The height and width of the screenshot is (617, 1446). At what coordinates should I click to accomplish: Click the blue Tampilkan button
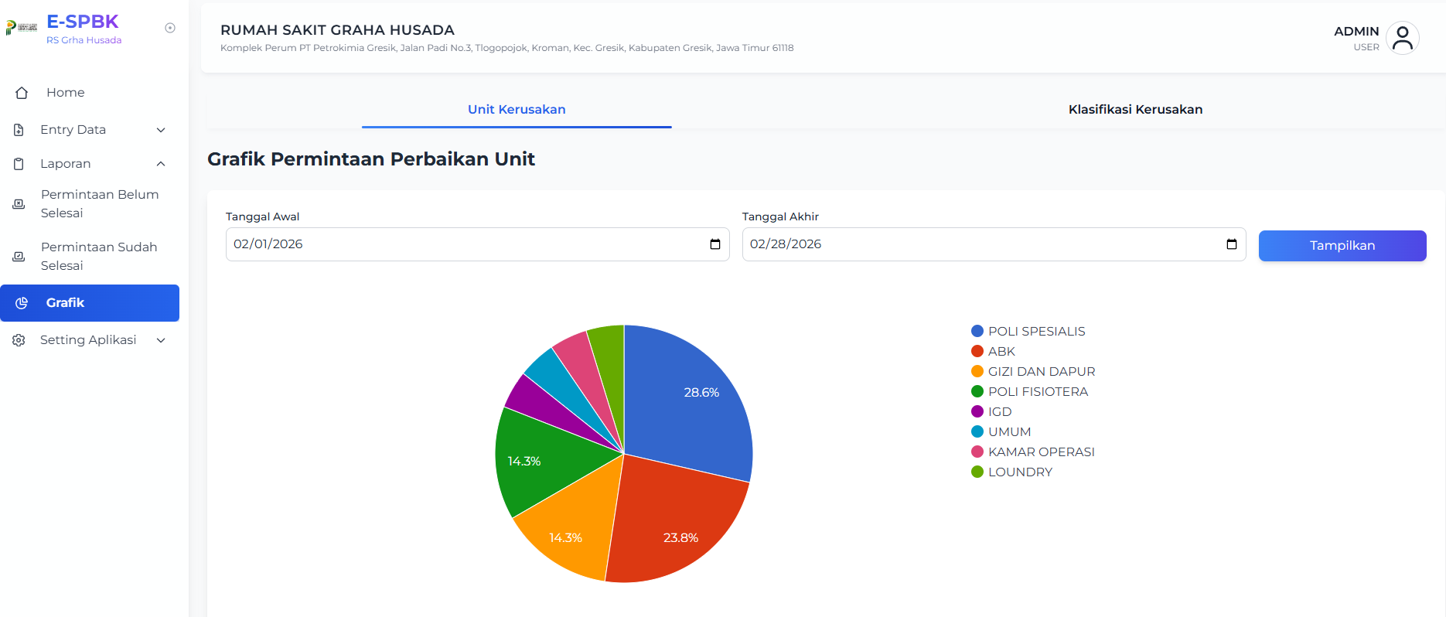point(1342,246)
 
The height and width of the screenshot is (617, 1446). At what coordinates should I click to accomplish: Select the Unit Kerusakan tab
point(517,110)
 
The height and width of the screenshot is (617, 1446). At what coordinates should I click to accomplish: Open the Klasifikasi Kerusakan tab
point(1135,110)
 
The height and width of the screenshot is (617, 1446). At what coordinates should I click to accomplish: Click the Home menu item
point(65,93)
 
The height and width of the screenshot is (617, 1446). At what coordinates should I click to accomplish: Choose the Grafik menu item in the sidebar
point(90,303)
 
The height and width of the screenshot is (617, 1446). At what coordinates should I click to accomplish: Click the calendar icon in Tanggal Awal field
point(715,244)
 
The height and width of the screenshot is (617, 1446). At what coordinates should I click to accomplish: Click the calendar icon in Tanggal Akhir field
point(1232,244)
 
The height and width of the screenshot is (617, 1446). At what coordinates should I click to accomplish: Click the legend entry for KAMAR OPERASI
point(1033,452)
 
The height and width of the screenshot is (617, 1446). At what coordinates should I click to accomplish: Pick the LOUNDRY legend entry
point(1012,472)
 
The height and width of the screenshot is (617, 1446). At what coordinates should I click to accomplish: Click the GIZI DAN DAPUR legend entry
point(1033,372)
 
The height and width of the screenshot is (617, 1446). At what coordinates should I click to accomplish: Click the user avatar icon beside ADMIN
point(1402,38)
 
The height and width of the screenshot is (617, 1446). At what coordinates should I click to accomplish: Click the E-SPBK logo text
point(83,22)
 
